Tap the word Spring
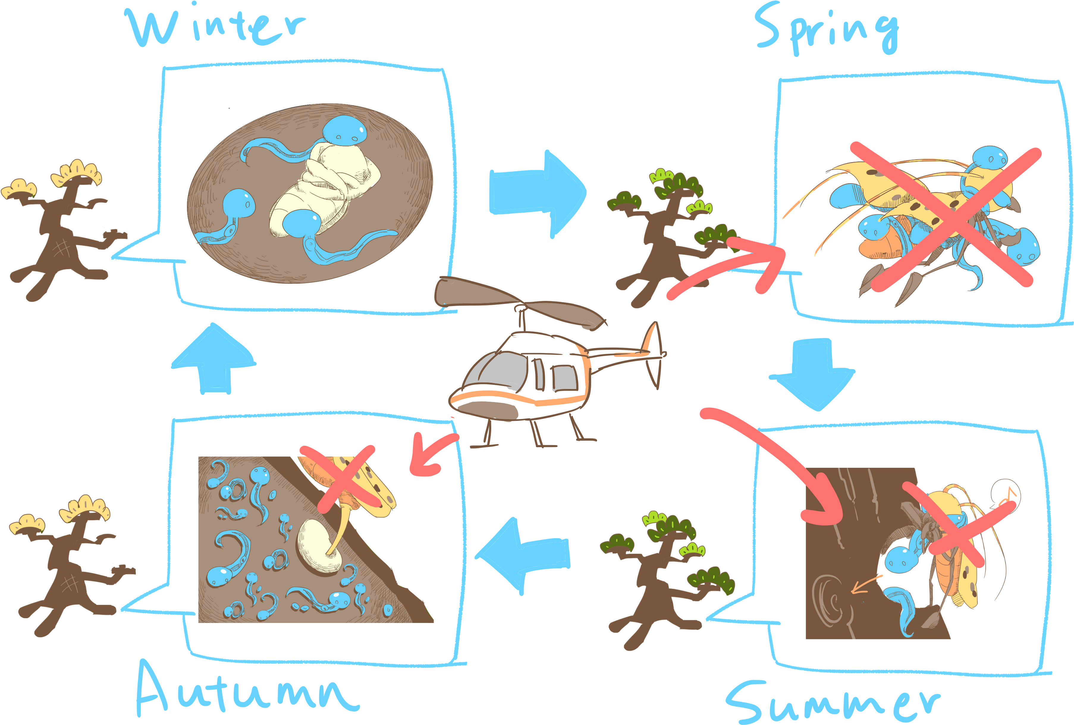(x=827, y=29)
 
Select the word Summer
(x=833, y=702)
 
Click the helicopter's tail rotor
(x=653, y=355)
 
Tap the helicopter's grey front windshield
(x=494, y=371)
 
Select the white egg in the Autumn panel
(x=319, y=547)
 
